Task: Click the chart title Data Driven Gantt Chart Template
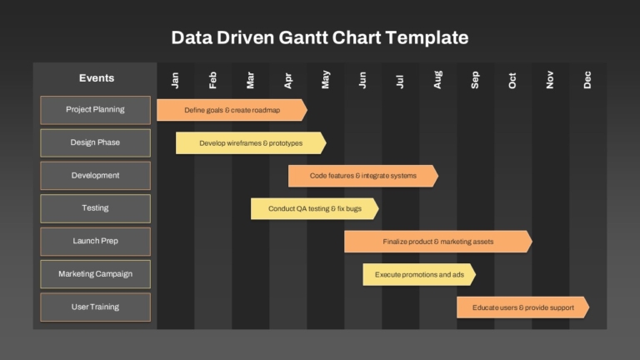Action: pos(320,37)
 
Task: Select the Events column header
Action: pos(97,78)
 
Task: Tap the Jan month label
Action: pos(175,80)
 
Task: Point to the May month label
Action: pos(325,79)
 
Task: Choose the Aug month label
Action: pos(437,80)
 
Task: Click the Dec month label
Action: pos(587,80)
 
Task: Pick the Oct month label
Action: pos(512,80)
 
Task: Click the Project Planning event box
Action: pos(96,110)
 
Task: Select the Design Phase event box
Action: pos(96,142)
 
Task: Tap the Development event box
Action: pos(96,176)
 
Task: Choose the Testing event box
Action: pos(96,208)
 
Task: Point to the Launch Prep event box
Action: pos(96,242)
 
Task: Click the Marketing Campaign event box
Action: pos(96,274)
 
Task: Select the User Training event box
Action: pos(96,307)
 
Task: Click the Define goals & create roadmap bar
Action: pos(232,110)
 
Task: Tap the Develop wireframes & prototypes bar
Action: pos(251,142)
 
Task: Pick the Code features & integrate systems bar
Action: pos(363,176)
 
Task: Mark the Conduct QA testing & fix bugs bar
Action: pos(315,208)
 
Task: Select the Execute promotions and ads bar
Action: pos(419,275)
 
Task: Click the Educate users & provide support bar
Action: pos(522,307)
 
